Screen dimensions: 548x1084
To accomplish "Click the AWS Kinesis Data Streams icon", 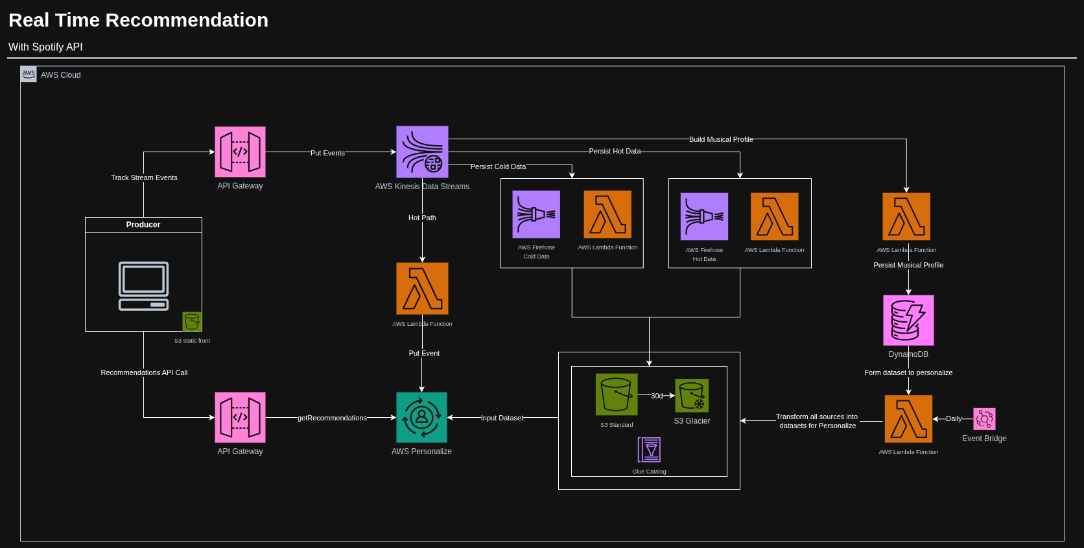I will tap(422, 152).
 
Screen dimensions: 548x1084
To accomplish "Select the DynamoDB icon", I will tap(908, 320).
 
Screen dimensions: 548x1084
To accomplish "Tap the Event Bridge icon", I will tap(984, 419).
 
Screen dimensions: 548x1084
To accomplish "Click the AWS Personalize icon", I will tap(421, 417).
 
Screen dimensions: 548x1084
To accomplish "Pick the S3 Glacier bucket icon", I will tap(692, 396).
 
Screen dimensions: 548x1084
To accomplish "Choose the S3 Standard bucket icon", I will tap(617, 394).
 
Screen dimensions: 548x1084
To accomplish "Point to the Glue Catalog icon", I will tap(649, 450).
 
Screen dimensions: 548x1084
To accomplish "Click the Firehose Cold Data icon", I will tap(536, 214).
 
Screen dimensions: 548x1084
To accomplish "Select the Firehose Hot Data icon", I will tap(704, 216).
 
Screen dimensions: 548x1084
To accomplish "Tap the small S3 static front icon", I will tap(192, 321).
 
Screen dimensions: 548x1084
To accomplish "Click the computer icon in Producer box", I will tap(143, 286).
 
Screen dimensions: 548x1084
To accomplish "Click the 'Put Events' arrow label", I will tap(327, 153).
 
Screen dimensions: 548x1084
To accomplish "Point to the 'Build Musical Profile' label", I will tap(721, 139).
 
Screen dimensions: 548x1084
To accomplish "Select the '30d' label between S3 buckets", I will tap(657, 396).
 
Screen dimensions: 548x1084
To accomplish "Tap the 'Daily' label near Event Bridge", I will tap(954, 418).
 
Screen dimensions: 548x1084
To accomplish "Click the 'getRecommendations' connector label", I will tap(332, 418).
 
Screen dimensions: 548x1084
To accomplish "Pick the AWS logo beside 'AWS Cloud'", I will tap(29, 74).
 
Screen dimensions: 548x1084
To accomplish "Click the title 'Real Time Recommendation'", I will tap(138, 20).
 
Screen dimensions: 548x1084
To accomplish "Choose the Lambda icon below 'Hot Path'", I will tap(422, 288).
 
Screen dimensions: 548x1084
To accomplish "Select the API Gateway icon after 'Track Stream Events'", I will tap(240, 152).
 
